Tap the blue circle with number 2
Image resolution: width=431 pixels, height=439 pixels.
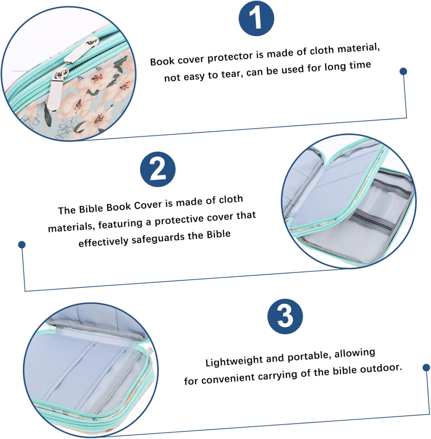158,169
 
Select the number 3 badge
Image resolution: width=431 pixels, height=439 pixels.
285,316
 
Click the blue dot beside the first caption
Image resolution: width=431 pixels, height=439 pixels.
403,71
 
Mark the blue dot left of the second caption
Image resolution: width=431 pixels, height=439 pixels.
22,244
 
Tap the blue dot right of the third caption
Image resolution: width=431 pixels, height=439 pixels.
426,367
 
